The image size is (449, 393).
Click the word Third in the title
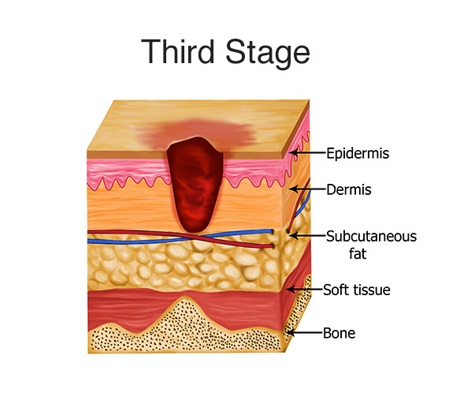pyautogui.click(x=178, y=51)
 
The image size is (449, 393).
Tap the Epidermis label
pyautogui.click(x=358, y=153)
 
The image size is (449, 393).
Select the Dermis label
pyautogui.click(x=349, y=189)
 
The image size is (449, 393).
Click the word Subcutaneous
pyautogui.click(x=371, y=237)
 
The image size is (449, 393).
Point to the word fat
pyautogui.click(x=358, y=253)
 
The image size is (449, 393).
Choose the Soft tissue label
pyautogui.click(x=357, y=290)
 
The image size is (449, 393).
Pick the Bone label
pyautogui.click(x=339, y=333)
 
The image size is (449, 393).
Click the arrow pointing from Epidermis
pyautogui.click(x=308, y=152)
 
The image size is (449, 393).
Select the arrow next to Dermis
pyautogui.click(x=308, y=189)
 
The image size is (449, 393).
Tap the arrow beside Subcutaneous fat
pyautogui.click(x=308, y=236)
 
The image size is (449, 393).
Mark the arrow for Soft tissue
pyautogui.click(x=305, y=289)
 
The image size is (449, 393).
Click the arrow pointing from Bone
pyautogui.click(x=305, y=332)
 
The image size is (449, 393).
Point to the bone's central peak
pyautogui.click(x=186, y=298)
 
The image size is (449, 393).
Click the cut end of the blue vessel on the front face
pyautogui.click(x=273, y=231)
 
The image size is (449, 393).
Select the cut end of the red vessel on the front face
pyautogui.click(x=273, y=246)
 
